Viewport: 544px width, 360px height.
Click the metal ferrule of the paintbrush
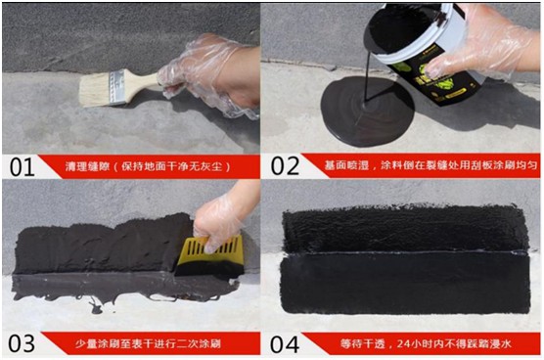tap(115, 87)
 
